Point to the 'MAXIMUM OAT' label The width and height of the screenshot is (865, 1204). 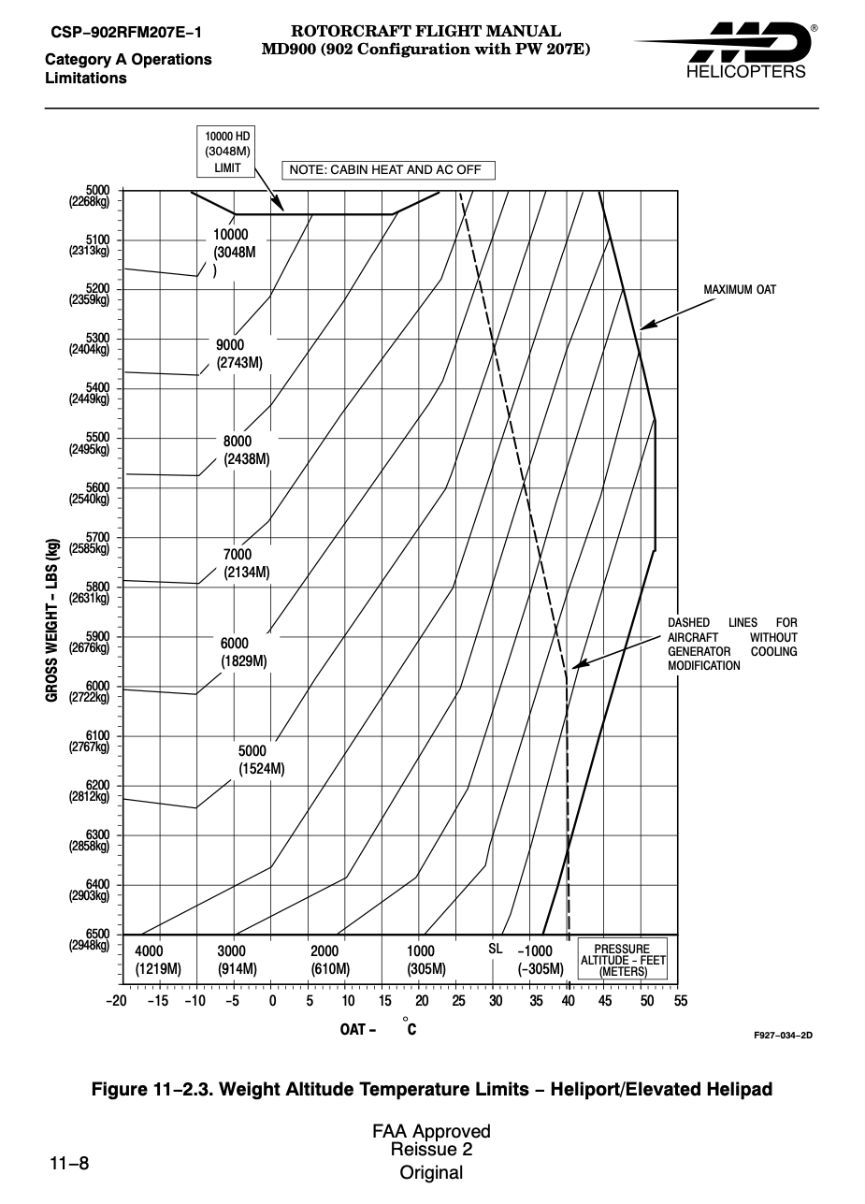coord(740,290)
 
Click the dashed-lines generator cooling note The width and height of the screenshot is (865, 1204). coord(732,644)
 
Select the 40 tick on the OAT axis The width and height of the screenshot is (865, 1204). coord(568,1000)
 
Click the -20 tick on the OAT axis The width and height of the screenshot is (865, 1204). coord(117,1000)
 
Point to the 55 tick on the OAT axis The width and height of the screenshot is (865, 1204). coord(680,1000)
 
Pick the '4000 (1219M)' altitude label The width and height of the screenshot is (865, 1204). coord(157,959)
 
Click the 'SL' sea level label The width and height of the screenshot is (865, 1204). coord(496,950)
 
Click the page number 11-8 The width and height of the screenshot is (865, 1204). coord(69,1164)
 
